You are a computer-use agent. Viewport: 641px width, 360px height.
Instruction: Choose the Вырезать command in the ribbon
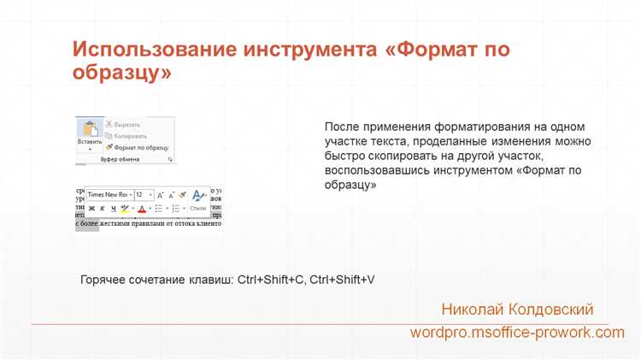[126, 124]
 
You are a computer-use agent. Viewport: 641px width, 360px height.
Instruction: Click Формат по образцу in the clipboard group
[136, 147]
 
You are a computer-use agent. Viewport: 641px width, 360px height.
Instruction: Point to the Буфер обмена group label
[120, 160]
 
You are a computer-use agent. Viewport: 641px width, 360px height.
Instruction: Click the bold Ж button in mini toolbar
[91, 208]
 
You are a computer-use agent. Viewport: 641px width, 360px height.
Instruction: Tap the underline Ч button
[114, 208]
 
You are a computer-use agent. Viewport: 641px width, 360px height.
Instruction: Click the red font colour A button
[141, 208]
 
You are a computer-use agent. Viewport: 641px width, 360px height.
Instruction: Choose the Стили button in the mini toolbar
[198, 208]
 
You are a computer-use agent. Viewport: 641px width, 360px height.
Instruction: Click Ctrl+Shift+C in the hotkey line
[271, 280]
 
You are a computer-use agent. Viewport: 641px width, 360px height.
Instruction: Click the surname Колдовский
[550, 309]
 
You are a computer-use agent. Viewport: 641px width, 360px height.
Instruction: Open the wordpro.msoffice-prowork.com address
[517, 332]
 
